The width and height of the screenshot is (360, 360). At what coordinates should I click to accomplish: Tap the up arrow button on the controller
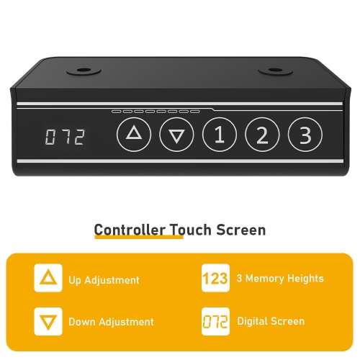[134, 135]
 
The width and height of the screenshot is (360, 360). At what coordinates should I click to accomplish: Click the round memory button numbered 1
[220, 135]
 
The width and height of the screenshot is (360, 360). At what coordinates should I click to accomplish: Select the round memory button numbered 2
[262, 135]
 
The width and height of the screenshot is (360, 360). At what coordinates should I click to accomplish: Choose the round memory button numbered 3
[305, 135]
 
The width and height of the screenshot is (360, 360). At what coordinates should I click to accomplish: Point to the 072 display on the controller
[66, 137]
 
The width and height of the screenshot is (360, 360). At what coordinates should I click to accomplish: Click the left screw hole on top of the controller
[84, 71]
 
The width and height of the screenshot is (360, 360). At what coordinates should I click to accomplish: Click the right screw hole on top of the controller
[276, 71]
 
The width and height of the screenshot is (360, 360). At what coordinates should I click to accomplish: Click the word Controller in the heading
[130, 230]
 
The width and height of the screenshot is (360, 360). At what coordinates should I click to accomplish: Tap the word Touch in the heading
[191, 230]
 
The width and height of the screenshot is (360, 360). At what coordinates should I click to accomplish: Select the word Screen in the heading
[241, 230]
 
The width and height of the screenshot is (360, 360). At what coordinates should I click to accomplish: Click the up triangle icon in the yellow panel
[48, 278]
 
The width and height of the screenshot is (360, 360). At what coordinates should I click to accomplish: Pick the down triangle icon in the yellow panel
[48, 321]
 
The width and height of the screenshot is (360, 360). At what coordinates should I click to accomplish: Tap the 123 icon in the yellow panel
[215, 278]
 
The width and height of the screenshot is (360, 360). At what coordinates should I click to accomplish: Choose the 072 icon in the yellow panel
[215, 321]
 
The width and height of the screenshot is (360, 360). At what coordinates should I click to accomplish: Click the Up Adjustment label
[104, 280]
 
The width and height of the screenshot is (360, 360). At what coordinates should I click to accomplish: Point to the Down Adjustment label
[111, 322]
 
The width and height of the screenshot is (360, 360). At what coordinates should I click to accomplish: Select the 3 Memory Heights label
[280, 279]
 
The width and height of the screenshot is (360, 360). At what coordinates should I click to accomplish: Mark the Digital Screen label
[271, 321]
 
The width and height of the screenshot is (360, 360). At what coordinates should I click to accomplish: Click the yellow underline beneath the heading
[139, 237]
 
